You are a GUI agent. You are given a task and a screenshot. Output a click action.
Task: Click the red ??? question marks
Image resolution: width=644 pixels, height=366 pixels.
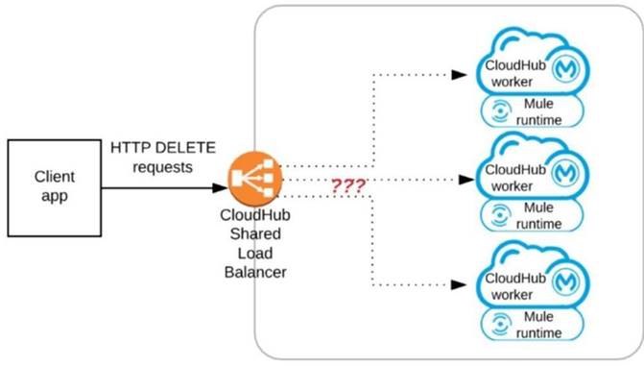point(347,186)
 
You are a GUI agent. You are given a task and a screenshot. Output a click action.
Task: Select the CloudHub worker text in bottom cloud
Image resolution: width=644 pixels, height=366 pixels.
point(513,285)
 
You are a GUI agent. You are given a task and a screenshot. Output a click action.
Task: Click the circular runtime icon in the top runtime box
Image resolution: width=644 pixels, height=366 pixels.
point(498,111)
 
